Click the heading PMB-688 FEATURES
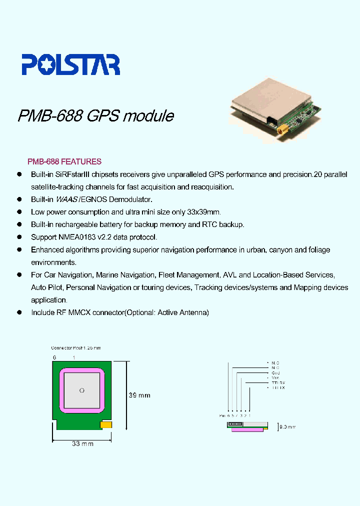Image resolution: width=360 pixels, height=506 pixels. (x=64, y=161)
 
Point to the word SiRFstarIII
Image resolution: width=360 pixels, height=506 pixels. (x=73, y=174)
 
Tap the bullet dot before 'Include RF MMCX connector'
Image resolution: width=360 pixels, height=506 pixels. (x=19, y=312)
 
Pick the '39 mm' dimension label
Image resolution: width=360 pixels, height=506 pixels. (x=139, y=395)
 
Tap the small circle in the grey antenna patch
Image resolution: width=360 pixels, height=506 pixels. (x=82, y=389)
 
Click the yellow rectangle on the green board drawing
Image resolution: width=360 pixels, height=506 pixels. (x=106, y=425)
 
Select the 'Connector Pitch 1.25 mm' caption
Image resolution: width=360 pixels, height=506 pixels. (x=76, y=347)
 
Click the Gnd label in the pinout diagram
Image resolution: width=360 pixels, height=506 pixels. (x=275, y=372)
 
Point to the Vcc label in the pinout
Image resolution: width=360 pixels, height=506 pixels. (x=275, y=377)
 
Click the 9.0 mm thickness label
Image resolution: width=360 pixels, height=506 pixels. (x=287, y=427)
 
